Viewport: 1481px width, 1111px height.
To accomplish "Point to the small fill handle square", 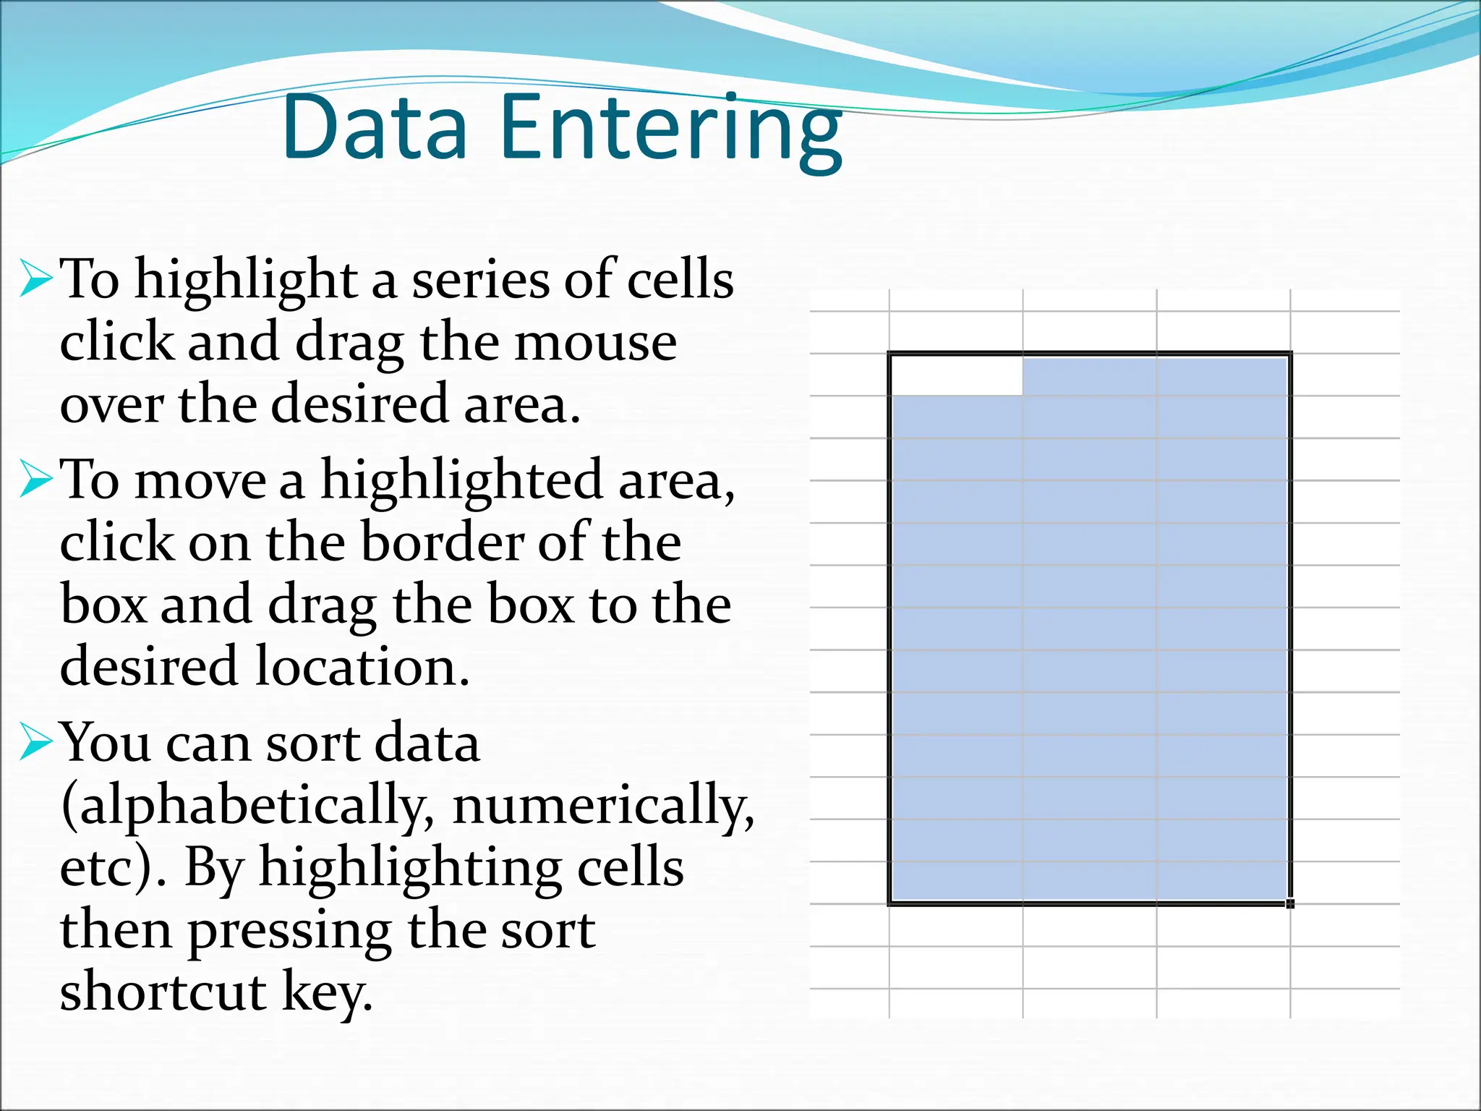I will (x=1290, y=903).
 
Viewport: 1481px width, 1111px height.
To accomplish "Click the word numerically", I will (x=602, y=805).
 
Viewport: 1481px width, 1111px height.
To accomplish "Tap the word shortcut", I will (x=163, y=992).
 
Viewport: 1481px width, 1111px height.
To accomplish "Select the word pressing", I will (x=290, y=932).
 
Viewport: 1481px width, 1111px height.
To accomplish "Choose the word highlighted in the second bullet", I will (x=461, y=480).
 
